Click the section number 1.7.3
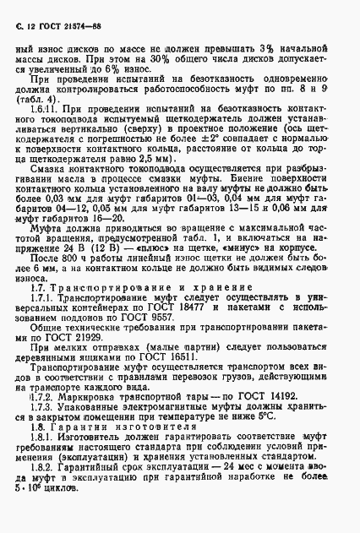pyautogui.click(x=44, y=429)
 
